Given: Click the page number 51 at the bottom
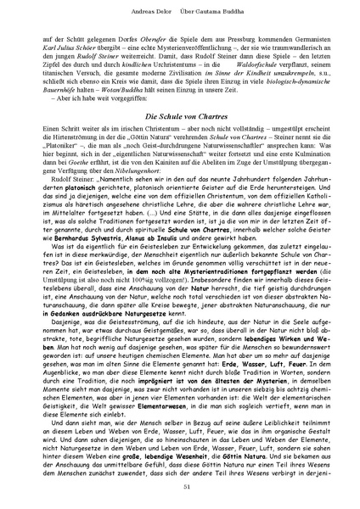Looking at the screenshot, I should [180, 485].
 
